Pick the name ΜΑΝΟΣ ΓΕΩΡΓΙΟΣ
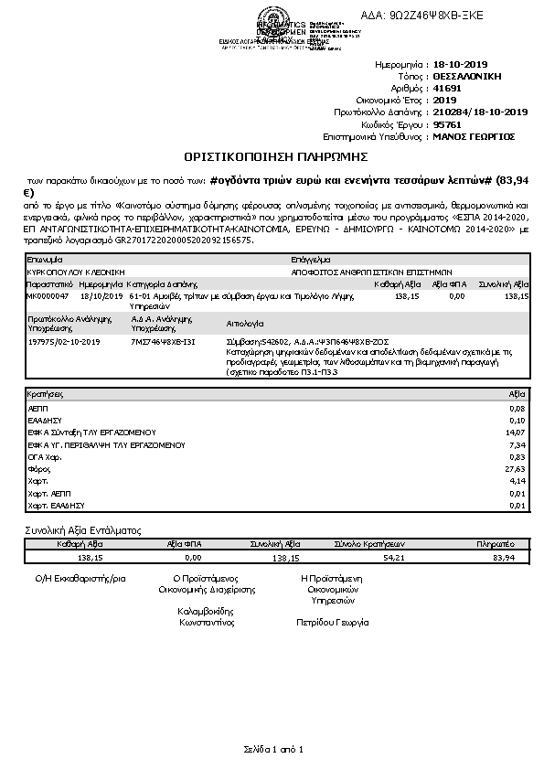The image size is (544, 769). tap(474, 135)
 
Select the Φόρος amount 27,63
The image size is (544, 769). tap(517, 468)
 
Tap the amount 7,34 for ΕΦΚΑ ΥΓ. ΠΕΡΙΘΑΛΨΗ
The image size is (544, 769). tap(517, 443)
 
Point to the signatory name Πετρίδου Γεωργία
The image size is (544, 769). tap(333, 622)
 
